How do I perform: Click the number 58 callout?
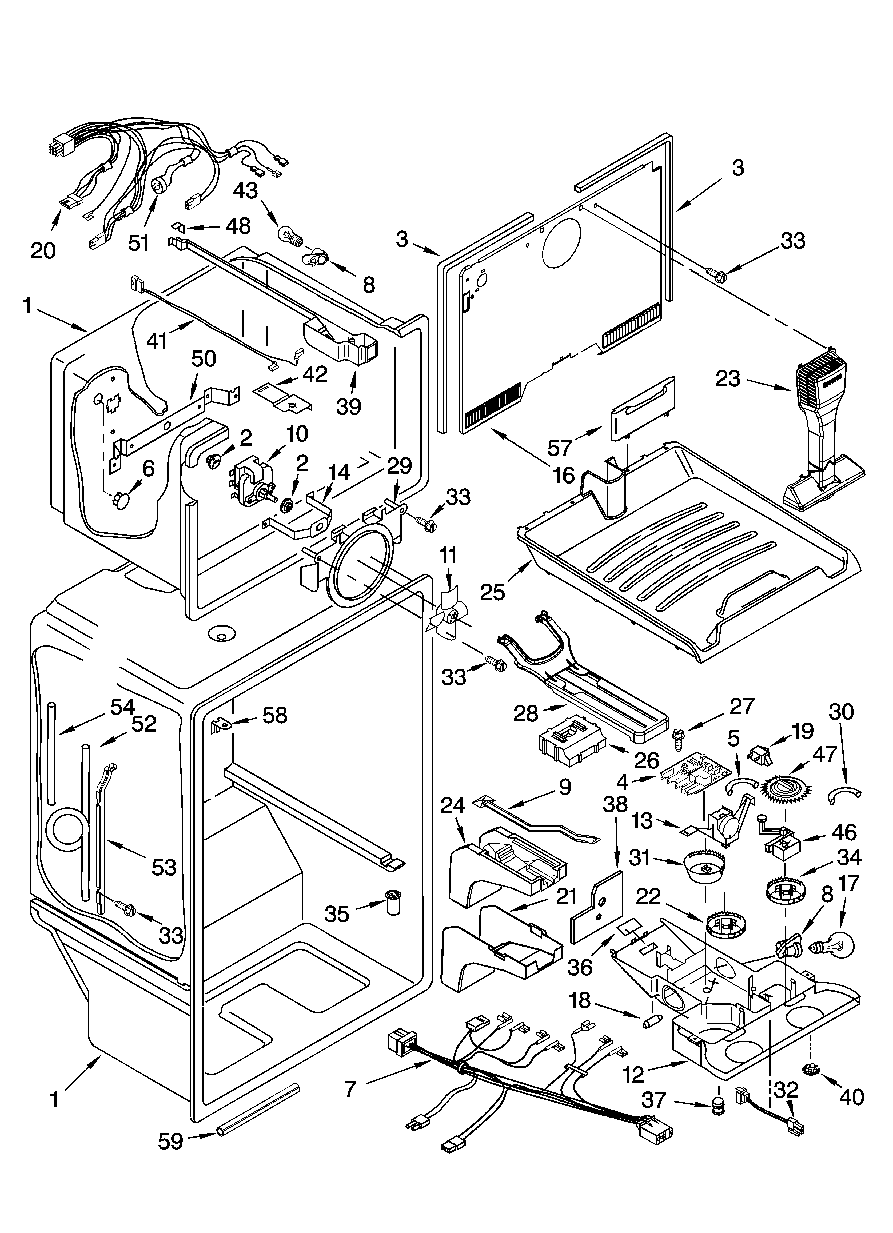pyautogui.click(x=275, y=715)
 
